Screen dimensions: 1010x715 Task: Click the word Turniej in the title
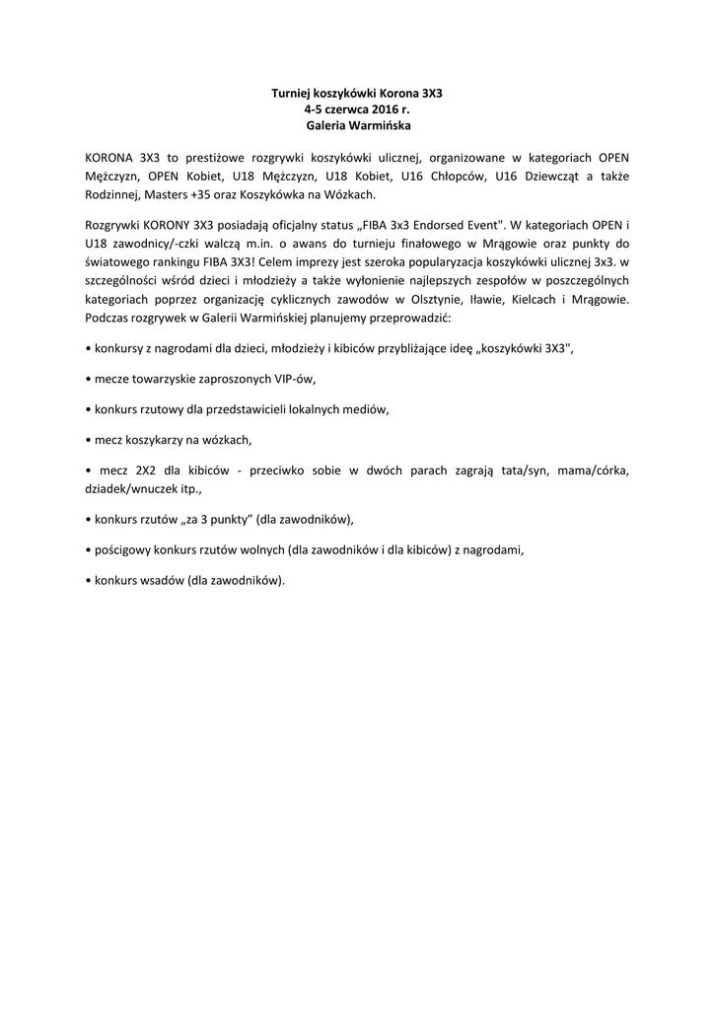[292, 92]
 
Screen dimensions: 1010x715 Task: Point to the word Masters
[166, 194]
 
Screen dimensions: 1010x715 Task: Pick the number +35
[201, 194]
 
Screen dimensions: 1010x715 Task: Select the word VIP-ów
[295, 378]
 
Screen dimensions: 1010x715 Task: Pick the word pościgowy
[124, 550]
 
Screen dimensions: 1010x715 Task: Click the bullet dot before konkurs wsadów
[89, 580]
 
